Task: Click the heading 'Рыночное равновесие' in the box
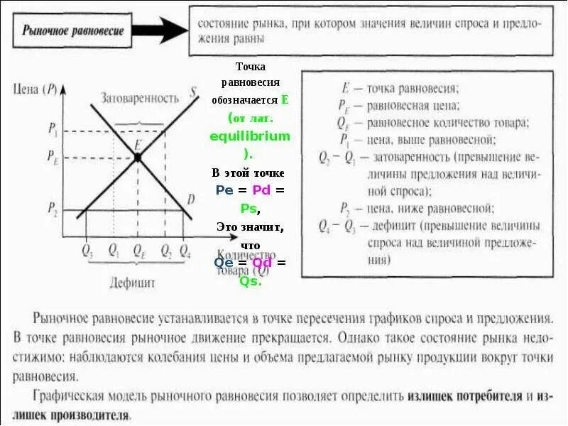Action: click(x=73, y=31)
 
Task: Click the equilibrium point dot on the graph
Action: click(x=137, y=158)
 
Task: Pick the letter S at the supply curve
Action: click(x=193, y=92)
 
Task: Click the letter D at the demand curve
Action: click(x=190, y=200)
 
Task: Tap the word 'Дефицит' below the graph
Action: click(x=132, y=282)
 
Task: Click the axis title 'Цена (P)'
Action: click(x=34, y=89)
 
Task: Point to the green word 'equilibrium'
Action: click(x=251, y=135)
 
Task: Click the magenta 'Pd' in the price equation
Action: click(x=262, y=190)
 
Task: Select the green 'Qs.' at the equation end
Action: click(x=251, y=280)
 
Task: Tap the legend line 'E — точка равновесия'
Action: click(x=401, y=89)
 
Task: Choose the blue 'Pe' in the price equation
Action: click(x=224, y=190)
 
